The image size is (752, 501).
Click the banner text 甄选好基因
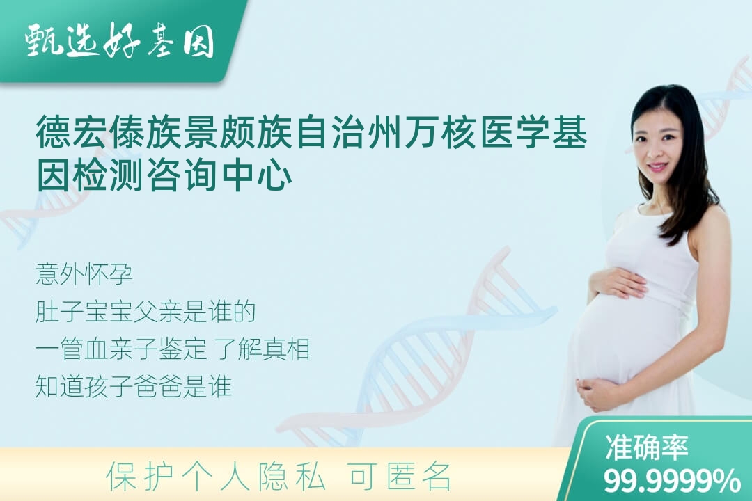120,40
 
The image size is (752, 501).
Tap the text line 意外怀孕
84,275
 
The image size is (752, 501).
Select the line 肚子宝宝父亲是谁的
146,312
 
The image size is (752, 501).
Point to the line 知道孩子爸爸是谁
134,386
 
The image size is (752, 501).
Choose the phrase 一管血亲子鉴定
121,349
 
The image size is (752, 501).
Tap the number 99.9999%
672,481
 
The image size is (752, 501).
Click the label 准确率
647,447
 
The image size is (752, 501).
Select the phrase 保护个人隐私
216,477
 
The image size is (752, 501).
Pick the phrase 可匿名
400,477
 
